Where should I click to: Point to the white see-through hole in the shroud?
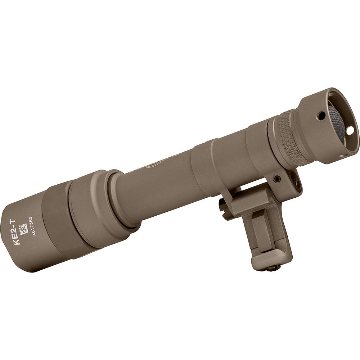(350, 131)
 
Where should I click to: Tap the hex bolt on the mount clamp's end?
(297, 184)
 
